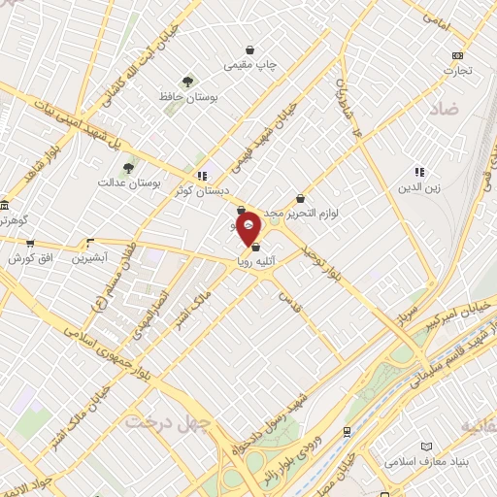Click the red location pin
tap(248, 226)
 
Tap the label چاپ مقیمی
tap(250, 65)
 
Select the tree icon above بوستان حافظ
tap(187, 82)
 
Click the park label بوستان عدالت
tap(121, 182)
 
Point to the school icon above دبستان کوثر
tap(202, 176)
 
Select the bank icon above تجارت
tap(457, 55)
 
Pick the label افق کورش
tap(29, 259)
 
